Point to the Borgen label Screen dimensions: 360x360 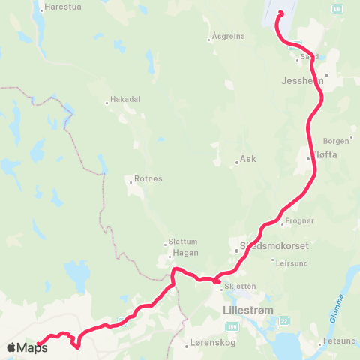(336, 140)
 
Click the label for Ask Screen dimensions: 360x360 (247, 160)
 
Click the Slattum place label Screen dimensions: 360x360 (183, 241)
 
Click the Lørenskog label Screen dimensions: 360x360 (206, 346)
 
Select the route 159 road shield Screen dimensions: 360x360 (234, 327)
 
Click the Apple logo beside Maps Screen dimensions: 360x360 (11, 347)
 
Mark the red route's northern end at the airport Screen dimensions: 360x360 (280, 13)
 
